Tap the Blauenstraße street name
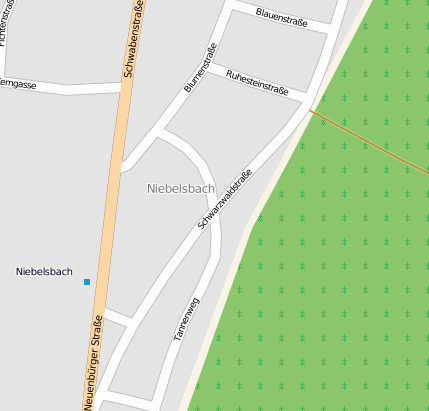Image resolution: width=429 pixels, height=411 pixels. [281, 16]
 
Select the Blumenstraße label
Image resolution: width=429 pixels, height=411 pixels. [201, 67]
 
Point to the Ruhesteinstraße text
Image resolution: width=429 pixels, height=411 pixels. [258, 82]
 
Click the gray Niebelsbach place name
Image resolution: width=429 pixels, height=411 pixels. [181, 188]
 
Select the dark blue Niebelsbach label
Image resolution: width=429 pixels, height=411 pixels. [44, 271]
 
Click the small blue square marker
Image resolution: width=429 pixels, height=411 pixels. [87, 282]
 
